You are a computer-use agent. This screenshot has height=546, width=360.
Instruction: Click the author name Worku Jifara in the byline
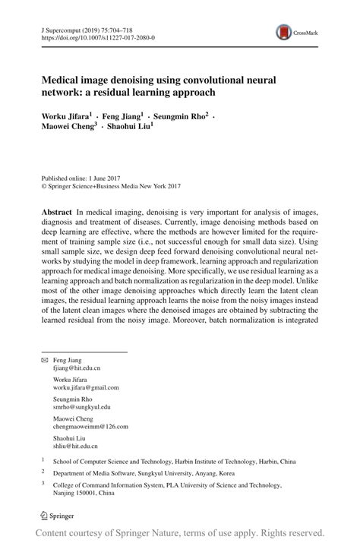[67, 117]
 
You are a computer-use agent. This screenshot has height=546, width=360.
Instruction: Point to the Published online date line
[83, 176]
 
